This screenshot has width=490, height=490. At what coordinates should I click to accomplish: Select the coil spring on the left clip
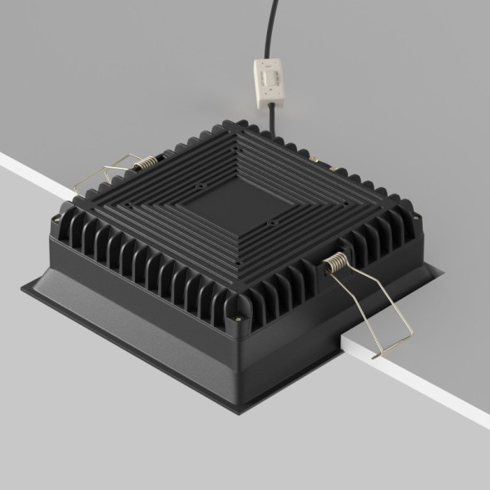145,164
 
